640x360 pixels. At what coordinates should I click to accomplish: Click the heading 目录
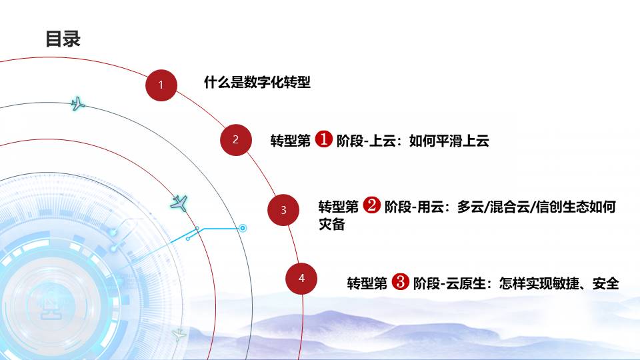(63, 39)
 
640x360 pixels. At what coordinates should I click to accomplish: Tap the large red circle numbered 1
(161, 85)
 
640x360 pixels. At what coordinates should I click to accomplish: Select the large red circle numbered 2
(235, 139)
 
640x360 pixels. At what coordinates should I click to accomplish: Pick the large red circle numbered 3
(283, 210)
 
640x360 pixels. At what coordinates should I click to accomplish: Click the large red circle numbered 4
(301, 279)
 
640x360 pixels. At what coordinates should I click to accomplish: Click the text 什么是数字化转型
(257, 82)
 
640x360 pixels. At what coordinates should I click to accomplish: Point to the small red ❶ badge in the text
(324, 139)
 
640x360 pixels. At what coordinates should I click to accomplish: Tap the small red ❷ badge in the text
(372, 205)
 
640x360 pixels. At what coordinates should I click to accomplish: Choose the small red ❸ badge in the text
(400, 281)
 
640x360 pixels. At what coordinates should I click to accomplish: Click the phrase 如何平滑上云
(449, 141)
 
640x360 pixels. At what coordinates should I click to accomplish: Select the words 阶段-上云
(366, 141)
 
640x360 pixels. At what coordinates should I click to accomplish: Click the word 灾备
(332, 224)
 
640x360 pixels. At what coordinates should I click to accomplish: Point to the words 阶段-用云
(414, 207)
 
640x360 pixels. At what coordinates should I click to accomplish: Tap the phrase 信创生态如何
(575, 207)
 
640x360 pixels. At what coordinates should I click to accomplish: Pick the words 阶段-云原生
(449, 283)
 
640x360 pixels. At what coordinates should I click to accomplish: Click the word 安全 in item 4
(606, 283)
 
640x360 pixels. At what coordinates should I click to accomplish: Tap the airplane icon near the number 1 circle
(77, 104)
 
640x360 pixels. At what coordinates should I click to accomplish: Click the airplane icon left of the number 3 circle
(179, 203)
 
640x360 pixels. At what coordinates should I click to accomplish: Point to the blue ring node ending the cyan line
(243, 228)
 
